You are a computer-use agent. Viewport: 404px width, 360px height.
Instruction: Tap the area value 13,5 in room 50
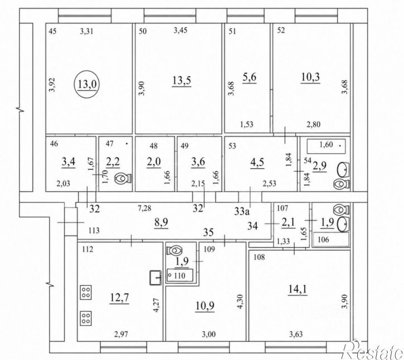tap(182, 81)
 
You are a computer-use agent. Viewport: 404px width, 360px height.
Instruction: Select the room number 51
tap(232, 31)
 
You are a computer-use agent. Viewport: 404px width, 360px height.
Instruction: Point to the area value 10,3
tap(310, 77)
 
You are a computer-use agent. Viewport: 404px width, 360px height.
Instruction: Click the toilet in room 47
tap(123, 178)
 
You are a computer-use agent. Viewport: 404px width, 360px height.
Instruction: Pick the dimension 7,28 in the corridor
tap(144, 208)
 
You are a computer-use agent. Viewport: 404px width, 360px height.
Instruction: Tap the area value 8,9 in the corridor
tap(161, 222)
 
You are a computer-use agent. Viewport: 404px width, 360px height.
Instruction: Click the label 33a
tap(242, 212)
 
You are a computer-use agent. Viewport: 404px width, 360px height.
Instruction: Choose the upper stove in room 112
tap(86, 293)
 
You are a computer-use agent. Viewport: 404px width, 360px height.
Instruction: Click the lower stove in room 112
tap(86, 318)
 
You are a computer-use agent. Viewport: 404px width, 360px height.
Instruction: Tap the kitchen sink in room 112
tap(155, 278)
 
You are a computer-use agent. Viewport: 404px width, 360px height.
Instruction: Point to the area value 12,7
tap(119, 298)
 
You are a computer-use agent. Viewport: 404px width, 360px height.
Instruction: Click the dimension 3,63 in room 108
tap(296, 334)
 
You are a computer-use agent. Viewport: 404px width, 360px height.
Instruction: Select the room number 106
tap(323, 240)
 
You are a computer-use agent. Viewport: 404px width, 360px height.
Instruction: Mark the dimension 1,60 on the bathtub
tap(326, 144)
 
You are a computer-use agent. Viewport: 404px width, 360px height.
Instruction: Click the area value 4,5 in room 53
tap(257, 163)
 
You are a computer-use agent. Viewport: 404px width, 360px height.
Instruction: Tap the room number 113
tap(94, 230)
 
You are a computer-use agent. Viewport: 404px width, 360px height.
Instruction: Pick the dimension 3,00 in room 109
tap(208, 334)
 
